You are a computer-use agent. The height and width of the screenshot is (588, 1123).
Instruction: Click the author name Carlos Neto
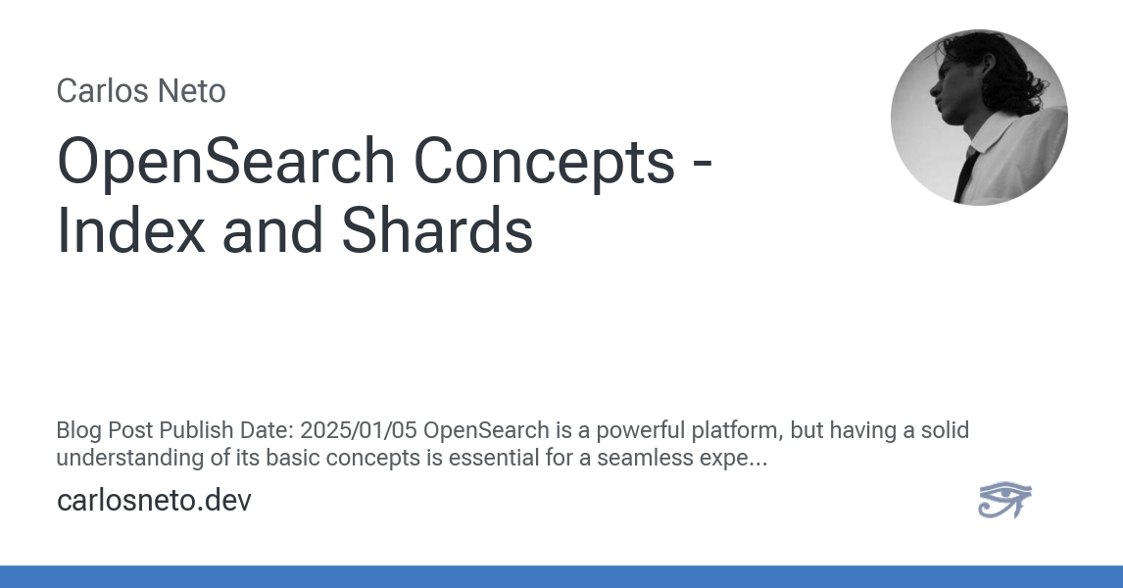pyautogui.click(x=141, y=91)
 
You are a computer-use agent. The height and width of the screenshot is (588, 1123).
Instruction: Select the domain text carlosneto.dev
pyautogui.click(x=154, y=501)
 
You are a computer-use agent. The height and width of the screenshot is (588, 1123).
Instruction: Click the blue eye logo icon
pyautogui.click(x=1004, y=500)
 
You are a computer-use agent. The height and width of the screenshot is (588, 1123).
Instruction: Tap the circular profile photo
pyautogui.click(x=979, y=117)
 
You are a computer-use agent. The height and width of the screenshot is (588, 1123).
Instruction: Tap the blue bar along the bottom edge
pyautogui.click(x=561, y=576)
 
